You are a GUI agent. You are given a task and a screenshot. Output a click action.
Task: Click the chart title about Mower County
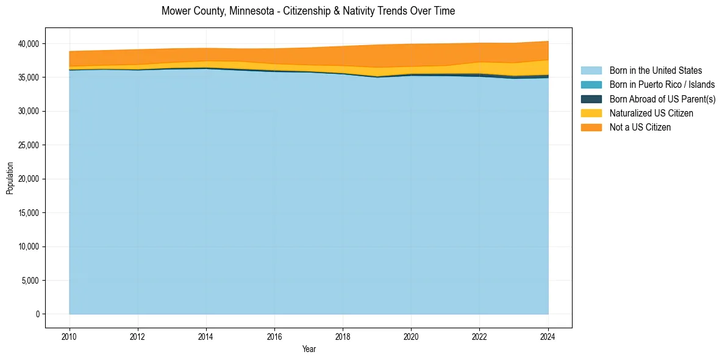point(308,11)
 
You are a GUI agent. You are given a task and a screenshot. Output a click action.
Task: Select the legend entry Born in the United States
point(655,71)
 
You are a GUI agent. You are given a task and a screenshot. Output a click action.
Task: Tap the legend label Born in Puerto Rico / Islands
point(662,85)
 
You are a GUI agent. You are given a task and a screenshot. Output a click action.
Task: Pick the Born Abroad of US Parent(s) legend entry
point(662,99)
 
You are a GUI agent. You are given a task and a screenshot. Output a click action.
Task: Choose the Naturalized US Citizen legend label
point(651,113)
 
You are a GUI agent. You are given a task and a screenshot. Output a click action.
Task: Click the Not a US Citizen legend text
point(640,127)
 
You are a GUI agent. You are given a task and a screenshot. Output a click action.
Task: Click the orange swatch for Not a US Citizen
point(591,127)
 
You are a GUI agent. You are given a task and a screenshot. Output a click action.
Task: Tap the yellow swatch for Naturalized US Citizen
point(591,113)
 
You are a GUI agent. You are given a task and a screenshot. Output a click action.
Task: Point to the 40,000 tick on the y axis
point(28,44)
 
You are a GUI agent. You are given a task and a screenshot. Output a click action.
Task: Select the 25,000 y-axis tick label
point(28,145)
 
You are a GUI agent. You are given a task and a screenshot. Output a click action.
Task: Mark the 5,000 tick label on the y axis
point(30,281)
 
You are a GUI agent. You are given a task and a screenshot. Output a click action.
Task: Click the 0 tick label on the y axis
point(37,314)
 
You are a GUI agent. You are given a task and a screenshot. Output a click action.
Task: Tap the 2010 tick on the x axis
point(70,336)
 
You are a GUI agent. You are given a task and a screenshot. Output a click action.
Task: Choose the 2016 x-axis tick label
point(274,336)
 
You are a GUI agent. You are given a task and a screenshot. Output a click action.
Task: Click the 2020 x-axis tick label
point(411,336)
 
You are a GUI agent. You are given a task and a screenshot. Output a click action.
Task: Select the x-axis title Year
point(309,349)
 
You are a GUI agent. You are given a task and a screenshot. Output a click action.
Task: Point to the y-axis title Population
point(10,178)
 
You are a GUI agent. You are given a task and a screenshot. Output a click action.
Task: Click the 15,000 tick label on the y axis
point(28,213)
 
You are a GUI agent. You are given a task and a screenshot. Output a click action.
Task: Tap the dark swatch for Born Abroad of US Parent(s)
point(591,99)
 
